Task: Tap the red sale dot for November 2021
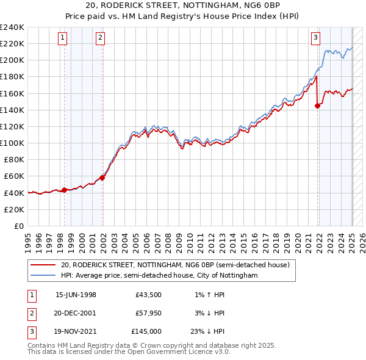[x=317, y=106]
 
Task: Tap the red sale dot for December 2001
[x=102, y=178]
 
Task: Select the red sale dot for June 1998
[x=64, y=190]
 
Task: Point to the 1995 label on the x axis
[x=27, y=238]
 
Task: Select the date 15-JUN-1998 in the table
[x=76, y=295]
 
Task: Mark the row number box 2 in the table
[x=30, y=313]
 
